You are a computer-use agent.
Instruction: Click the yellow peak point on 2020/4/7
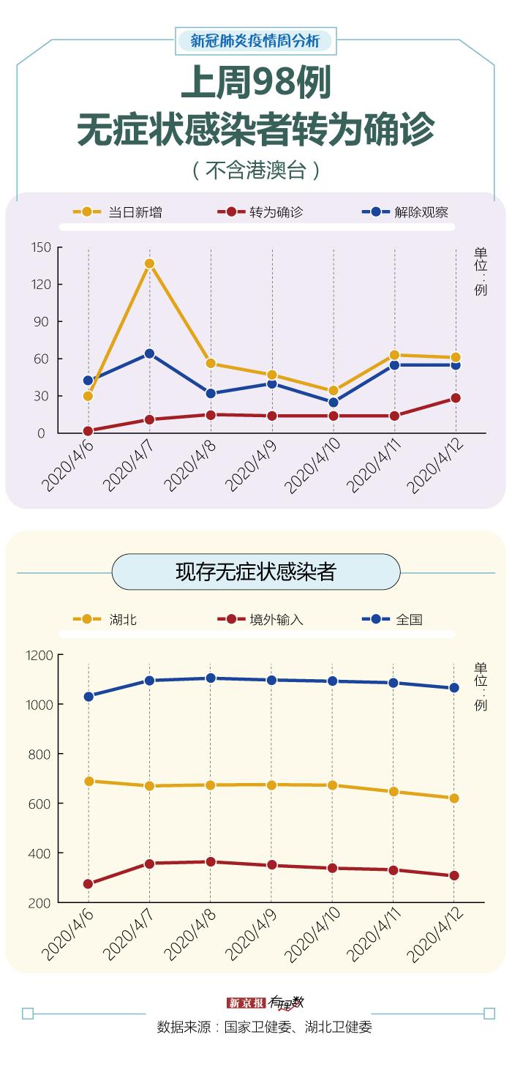(x=149, y=263)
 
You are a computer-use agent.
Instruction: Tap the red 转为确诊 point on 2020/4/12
(x=456, y=398)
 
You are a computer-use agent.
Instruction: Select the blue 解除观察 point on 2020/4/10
(x=334, y=403)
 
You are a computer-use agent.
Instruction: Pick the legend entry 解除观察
(x=421, y=212)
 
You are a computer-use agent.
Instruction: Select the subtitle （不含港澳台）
(x=256, y=171)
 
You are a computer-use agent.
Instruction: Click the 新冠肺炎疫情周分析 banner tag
(x=255, y=41)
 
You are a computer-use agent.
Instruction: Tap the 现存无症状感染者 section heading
(x=255, y=572)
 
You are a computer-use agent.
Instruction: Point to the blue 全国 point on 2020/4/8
(x=211, y=678)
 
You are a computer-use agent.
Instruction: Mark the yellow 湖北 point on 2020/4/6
(x=89, y=781)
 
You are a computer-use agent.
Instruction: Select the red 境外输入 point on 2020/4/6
(x=89, y=884)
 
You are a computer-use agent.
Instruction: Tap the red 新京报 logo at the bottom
(x=245, y=1003)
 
